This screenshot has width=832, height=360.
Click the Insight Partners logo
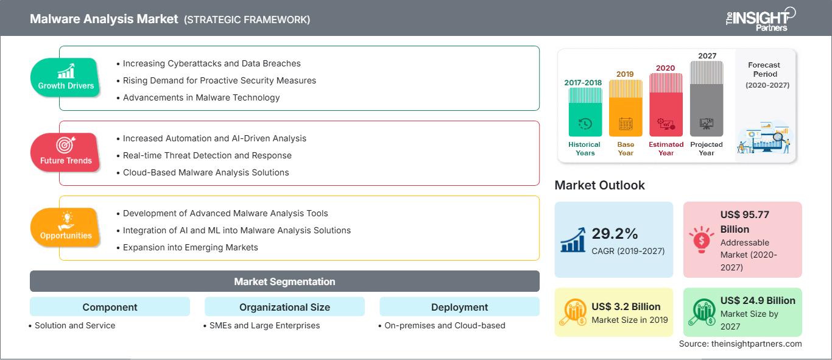point(761,19)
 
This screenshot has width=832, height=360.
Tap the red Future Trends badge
point(66,152)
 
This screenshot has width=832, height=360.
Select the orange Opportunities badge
point(66,227)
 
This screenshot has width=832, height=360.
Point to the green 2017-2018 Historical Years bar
point(585,112)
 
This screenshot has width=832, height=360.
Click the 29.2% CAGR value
point(615,233)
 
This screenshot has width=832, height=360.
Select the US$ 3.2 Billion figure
point(626,306)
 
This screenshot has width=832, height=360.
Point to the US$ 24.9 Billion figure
point(758,300)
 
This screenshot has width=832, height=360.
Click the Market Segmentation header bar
point(284,281)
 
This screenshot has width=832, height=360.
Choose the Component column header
point(110,307)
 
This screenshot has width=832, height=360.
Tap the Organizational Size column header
point(284,307)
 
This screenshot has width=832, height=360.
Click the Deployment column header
point(459,307)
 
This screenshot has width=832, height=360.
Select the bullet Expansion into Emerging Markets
point(190,247)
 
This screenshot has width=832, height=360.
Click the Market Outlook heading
point(599,185)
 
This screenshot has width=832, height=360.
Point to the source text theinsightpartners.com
point(740,344)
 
